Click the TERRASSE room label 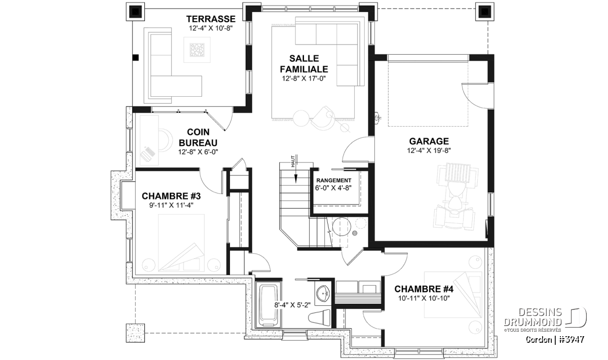coord(211,19)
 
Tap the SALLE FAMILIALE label coord(304,64)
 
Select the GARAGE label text coord(429,141)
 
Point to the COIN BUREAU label coord(198,137)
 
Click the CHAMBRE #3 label coord(171,195)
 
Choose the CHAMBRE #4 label coord(424,289)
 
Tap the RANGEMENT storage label coord(333,180)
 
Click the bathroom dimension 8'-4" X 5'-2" coord(292,305)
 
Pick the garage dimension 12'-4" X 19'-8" coord(429,150)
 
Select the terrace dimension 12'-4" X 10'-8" coord(211,28)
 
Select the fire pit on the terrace coord(197,50)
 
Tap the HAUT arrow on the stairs coord(296,177)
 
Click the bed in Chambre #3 coord(181,243)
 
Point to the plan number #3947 coord(572,339)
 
